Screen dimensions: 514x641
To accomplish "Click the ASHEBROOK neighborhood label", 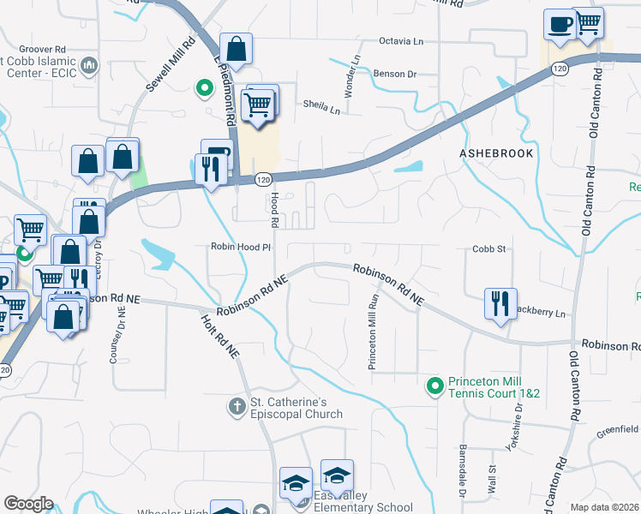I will tap(496, 153).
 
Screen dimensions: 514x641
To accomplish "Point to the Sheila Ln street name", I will tap(321, 107).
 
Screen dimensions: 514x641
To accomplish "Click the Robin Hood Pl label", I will tap(241, 247).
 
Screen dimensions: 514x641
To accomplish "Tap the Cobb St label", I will tap(490, 249).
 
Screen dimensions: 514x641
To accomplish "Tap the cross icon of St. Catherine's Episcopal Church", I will tap(237, 404).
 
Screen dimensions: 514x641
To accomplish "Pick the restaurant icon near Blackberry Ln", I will tap(500, 303).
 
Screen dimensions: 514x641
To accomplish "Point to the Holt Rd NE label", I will tap(219, 337).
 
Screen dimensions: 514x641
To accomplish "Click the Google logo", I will tap(28, 504).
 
